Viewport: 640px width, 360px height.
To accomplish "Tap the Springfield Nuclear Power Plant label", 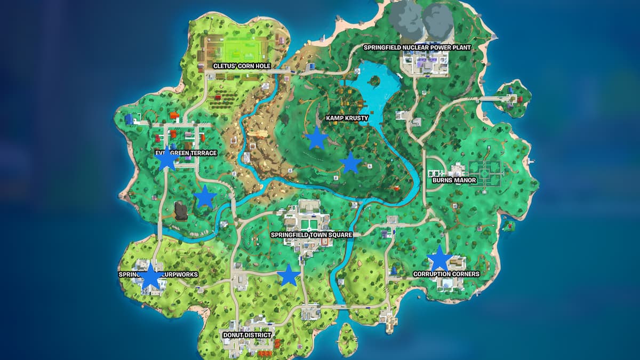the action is coord(418,47).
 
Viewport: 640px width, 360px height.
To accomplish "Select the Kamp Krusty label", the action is coord(347,117).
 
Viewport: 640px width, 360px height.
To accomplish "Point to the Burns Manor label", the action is coord(454,180).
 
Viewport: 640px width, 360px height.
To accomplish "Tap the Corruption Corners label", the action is coord(446,274).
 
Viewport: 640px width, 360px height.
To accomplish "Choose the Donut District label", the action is coord(247,335).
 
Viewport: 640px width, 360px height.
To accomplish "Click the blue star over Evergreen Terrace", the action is coord(167,159).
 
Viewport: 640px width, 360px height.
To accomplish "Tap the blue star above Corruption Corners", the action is coord(439,259).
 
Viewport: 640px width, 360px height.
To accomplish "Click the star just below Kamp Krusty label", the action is coord(317,139).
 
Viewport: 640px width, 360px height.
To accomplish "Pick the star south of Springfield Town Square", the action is coord(289,275).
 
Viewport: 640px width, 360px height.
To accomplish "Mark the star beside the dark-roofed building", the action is coord(205,198).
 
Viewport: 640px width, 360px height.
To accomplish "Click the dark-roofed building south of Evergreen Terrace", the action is coord(181,211).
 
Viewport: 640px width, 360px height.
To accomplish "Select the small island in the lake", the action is coord(374,82).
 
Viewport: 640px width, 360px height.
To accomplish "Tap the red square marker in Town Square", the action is coord(324,242).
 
